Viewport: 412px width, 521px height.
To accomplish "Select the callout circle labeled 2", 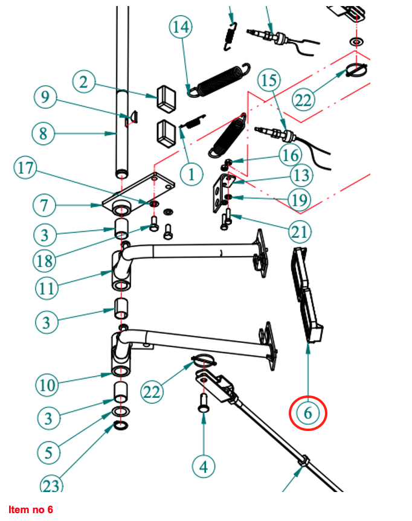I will (x=85, y=82).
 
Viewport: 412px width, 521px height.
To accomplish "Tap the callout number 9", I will (x=45, y=97).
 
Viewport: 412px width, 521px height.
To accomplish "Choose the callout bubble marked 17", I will (x=25, y=168).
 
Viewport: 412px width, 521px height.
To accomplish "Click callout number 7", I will (x=44, y=205).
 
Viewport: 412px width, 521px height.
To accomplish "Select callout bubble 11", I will (x=47, y=288).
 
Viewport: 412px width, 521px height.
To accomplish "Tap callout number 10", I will (x=46, y=384).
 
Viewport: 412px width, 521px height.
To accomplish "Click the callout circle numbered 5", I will (x=47, y=451).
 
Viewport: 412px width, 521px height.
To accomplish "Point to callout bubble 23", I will (x=53, y=484).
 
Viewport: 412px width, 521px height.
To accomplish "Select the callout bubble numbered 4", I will (x=204, y=466).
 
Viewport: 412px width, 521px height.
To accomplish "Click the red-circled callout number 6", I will (x=308, y=414).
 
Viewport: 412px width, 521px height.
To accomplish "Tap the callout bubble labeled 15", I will (x=270, y=80).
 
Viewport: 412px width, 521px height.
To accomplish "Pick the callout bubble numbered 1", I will (x=192, y=175).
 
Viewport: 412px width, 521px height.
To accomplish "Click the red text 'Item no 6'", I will (x=31, y=510).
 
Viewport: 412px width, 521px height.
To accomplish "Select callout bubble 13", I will (x=301, y=176).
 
